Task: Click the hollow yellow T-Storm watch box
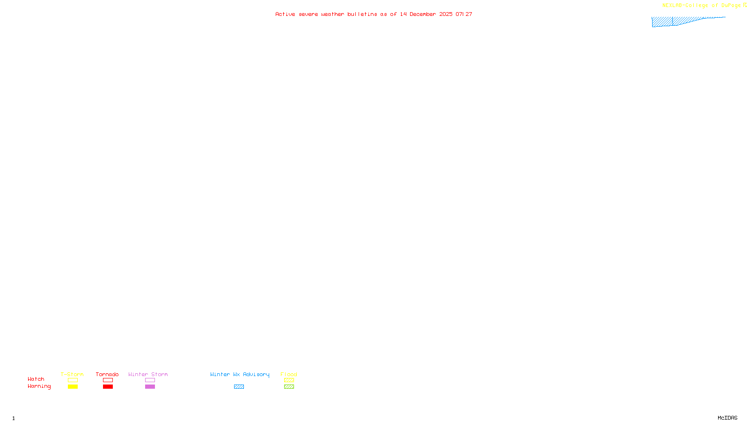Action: (73, 380)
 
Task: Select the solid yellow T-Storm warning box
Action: (73, 387)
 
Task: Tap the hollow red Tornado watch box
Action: (108, 380)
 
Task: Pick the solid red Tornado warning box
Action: (108, 387)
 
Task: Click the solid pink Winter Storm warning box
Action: (150, 387)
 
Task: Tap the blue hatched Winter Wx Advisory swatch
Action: (239, 387)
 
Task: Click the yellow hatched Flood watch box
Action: (289, 380)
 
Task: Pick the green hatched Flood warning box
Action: (289, 387)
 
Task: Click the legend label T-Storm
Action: (72, 374)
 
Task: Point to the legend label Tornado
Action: (107, 374)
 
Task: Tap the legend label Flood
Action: (289, 374)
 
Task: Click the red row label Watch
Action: (36, 379)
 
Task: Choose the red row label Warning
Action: (39, 386)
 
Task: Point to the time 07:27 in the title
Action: (464, 14)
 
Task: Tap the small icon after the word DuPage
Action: (745, 5)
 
